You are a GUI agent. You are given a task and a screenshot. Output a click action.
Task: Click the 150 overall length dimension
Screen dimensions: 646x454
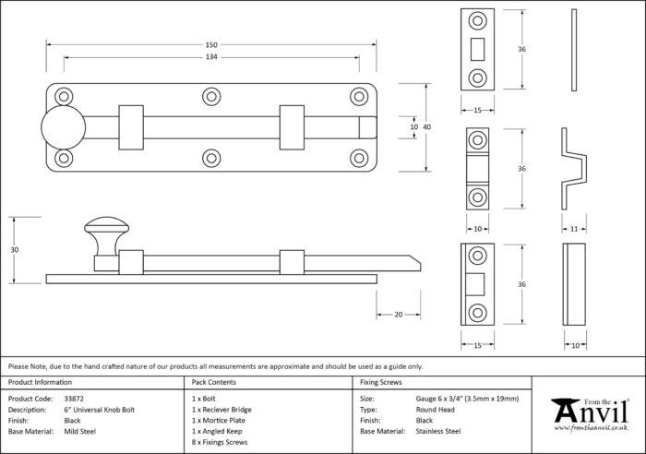click(211, 45)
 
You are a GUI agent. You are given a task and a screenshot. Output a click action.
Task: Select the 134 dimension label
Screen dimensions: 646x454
click(211, 57)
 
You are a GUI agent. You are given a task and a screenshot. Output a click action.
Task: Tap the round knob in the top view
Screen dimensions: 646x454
click(63, 127)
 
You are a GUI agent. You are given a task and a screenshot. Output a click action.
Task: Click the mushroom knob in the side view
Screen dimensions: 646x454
click(106, 236)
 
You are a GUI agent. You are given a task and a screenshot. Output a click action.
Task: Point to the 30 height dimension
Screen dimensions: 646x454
click(15, 250)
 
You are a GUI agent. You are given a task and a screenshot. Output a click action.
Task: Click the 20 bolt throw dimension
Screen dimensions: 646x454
click(398, 315)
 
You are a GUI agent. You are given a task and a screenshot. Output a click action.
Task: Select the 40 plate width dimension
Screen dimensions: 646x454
click(426, 127)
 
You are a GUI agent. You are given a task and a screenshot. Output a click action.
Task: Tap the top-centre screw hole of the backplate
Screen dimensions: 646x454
click(211, 97)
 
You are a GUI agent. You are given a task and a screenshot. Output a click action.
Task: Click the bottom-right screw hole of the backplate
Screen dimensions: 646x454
click(359, 158)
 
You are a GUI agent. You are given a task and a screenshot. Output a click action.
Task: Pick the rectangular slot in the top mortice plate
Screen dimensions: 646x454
click(477, 49)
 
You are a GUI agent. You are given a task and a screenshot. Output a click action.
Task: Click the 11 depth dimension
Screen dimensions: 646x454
click(574, 229)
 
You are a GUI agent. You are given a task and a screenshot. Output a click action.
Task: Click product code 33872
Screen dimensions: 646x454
click(74, 399)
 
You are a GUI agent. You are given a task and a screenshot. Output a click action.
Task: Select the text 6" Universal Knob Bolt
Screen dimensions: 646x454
click(100, 410)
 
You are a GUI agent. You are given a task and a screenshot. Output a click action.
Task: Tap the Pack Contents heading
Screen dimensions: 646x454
click(214, 382)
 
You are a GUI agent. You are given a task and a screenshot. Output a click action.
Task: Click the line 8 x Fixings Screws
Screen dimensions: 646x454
click(220, 442)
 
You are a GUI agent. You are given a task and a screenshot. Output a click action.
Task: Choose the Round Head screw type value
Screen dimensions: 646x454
click(435, 410)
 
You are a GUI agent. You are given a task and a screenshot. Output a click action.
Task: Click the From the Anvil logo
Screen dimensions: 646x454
click(591, 414)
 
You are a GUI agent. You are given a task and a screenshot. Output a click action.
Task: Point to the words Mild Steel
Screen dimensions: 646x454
click(80, 431)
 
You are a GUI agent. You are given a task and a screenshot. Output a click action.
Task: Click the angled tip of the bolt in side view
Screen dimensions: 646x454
click(420, 264)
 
